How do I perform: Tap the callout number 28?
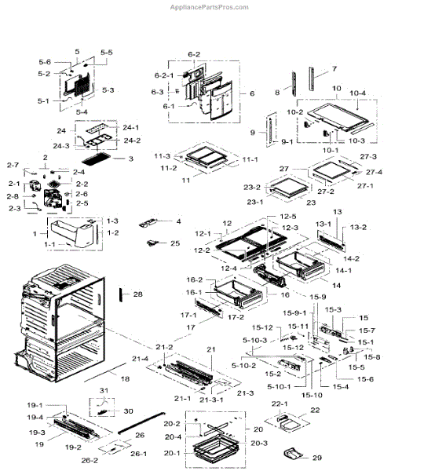tap(160, 294)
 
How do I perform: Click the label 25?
tap(174, 244)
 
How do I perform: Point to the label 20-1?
tap(171, 453)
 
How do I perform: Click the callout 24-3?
tap(83, 146)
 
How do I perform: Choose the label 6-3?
tap(158, 92)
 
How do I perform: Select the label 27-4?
tap(374, 172)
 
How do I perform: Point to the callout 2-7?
tap(13, 165)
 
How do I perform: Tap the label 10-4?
tap(379, 93)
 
